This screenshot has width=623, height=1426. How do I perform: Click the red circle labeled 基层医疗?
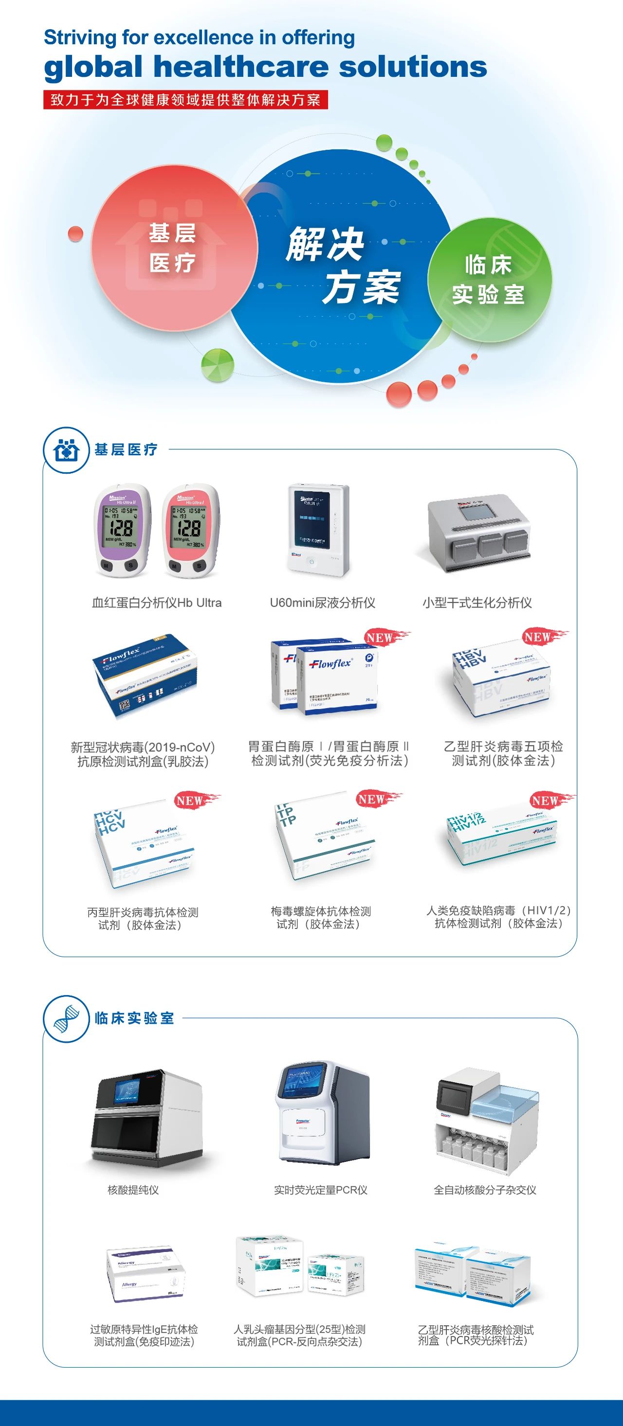[x=173, y=248]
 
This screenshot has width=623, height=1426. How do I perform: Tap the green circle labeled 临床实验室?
[x=489, y=280]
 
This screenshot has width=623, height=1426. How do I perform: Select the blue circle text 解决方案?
[x=343, y=266]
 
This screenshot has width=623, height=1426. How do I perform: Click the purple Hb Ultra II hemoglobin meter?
[x=121, y=530]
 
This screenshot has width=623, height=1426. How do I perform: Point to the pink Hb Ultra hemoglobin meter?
[x=189, y=530]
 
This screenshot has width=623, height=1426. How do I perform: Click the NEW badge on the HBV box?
[x=538, y=637]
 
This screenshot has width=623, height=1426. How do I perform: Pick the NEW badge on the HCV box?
[x=190, y=801]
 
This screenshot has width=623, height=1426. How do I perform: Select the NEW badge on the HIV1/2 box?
[x=545, y=801]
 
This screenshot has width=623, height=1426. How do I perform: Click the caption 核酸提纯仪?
[x=133, y=1190]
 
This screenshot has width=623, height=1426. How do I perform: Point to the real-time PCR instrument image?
[x=321, y=1113]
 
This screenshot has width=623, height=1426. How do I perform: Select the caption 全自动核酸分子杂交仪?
[x=485, y=1190]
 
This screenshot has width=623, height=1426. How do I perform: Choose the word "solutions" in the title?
[x=413, y=67]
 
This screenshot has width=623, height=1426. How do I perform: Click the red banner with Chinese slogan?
[x=185, y=100]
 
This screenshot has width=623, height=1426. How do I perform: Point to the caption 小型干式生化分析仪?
[x=477, y=603]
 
